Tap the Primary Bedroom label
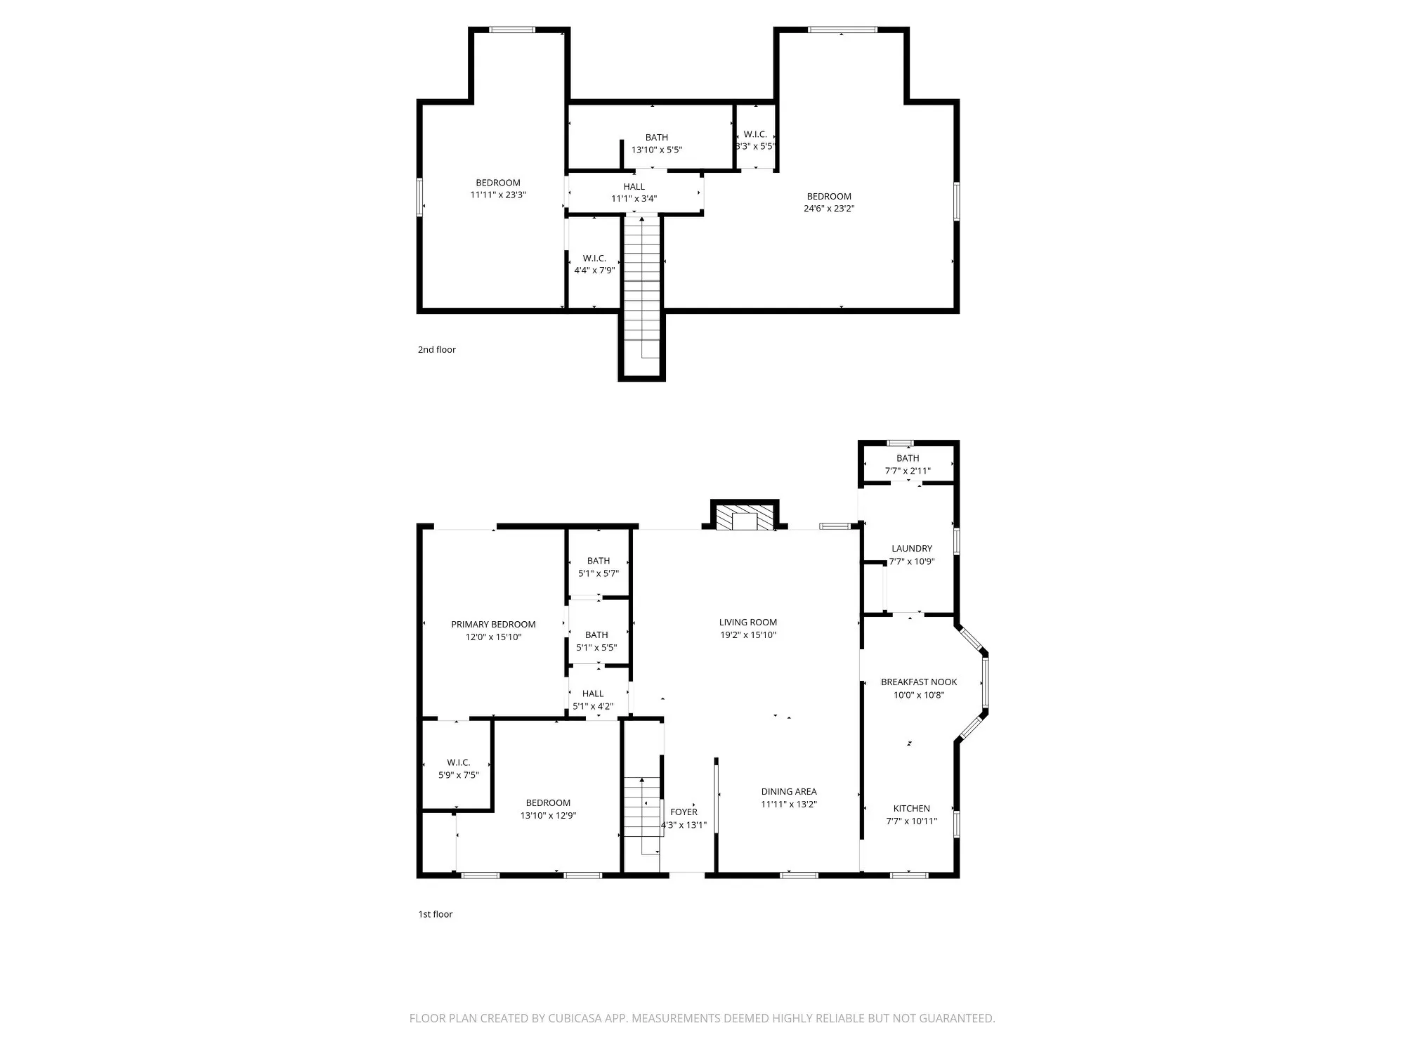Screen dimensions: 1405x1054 [x=493, y=624]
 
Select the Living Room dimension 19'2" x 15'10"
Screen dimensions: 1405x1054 [x=747, y=635]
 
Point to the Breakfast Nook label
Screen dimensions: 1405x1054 [x=919, y=682]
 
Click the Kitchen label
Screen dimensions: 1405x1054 [x=912, y=808]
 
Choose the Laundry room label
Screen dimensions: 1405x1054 [x=912, y=548]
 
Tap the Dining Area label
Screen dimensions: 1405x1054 [x=789, y=791]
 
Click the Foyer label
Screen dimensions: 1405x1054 [x=684, y=812]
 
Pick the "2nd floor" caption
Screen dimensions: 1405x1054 [x=437, y=349]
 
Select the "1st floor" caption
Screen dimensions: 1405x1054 [x=436, y=914]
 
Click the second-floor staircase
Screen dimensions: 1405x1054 [x=641, y=288]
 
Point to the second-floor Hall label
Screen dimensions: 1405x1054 [x=634, y=186]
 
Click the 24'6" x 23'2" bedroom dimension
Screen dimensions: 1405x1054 [x=829, y=209]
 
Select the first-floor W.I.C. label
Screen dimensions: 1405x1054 [x=459, y=762]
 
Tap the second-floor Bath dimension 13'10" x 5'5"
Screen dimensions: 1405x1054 [x=657, y=150]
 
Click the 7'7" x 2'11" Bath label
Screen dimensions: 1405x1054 [x=908, y=458]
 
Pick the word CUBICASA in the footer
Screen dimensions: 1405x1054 [x=578, y=1018]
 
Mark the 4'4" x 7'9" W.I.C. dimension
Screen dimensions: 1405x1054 [x=594, y=271]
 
